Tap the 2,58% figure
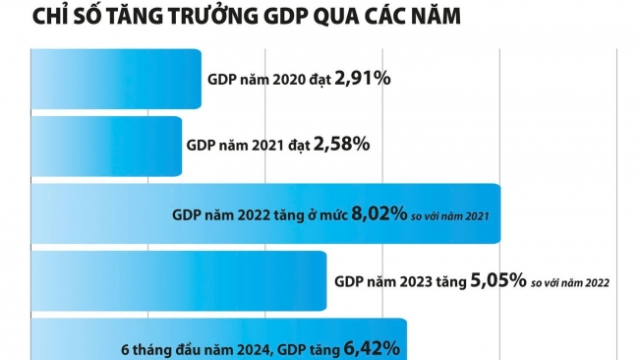point(341,146)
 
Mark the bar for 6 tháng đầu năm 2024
point(69,344)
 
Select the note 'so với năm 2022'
point(570,282)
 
